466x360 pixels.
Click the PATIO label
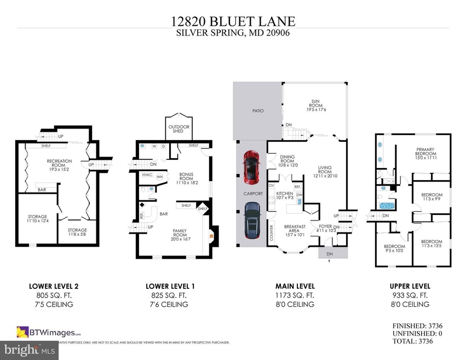(x=258, y=111)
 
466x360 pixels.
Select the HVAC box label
(x=147, y=175)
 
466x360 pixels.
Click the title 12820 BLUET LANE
(x=233, y=22)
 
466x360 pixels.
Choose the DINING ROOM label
(x=287, y=161)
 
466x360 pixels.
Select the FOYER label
(x=325, y=228)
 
